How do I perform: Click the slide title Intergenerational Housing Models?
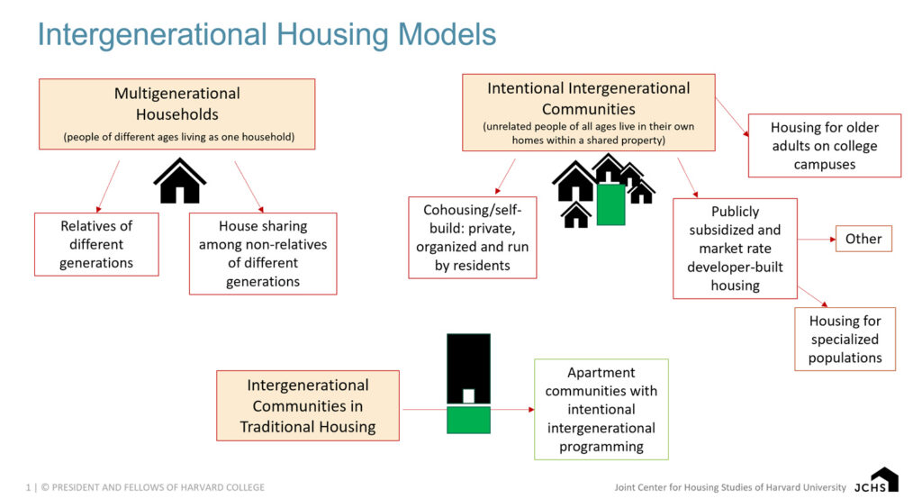(x=267, y=34)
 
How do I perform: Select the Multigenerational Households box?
(x=176, y=113)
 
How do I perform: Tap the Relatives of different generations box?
(x=96, y=244)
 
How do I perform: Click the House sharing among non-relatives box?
(x=263, y=253)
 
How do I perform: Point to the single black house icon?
(x=180, y=181)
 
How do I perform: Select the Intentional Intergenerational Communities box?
(x=589, y=113)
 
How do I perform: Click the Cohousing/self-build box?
(x=472, y=238)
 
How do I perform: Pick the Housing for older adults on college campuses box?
(x=824, y=145)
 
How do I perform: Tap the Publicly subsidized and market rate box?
(x=735, y=248)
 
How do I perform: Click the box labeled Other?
(x=863, y=239)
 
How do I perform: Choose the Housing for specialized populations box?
(x=845, y=339)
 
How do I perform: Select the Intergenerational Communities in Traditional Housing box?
(x=307, y=405)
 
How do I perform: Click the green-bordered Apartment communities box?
(x=601, y=409)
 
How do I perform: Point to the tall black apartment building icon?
(x=468, y=369)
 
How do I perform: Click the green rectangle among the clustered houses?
(x=610, y=204)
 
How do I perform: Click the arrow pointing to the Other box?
(x=816, y=240)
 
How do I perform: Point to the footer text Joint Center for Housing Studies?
(x=729, y=487)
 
